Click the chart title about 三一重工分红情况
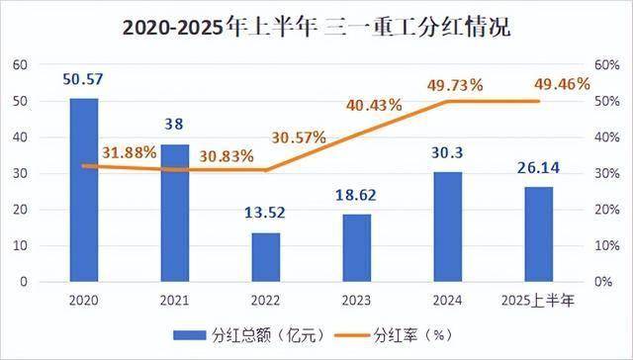click(x=316, y=27)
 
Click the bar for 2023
click(x=356, y=248)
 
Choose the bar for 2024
click(x=448, y=226)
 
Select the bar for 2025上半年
click(x=538, y=234)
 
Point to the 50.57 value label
click(x=84, y=79)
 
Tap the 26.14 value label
click(x=538, y=170)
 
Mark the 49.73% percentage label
click(x=456, y=85)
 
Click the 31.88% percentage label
click(x=129, y=152)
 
